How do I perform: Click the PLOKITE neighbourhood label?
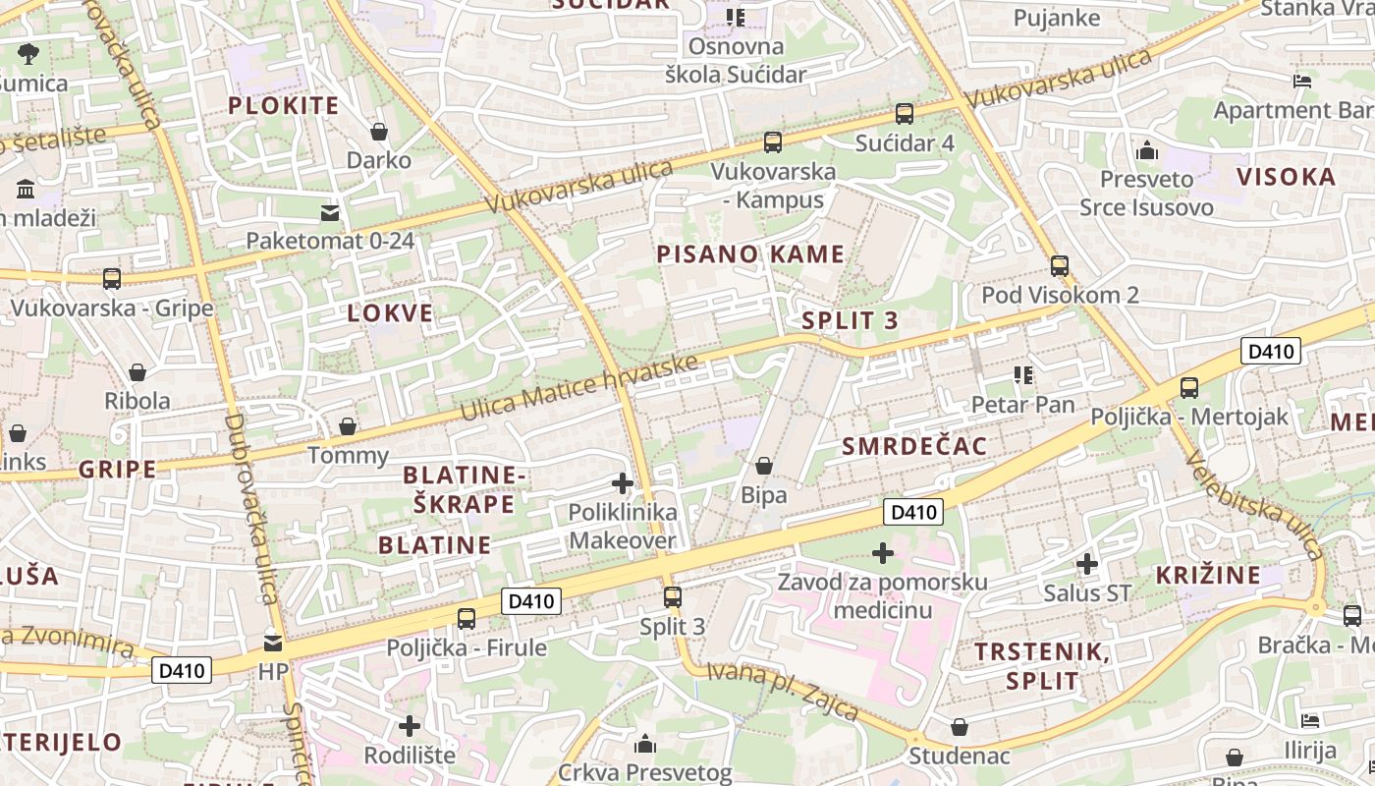coord(283,106)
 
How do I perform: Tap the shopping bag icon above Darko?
coord(379,132)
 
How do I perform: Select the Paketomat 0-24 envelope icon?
coord(330,212)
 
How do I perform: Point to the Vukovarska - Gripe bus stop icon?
coord(112,279)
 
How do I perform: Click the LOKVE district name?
coord(390,313)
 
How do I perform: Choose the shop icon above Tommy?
coord(348,426)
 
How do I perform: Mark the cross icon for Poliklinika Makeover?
coord(623,483)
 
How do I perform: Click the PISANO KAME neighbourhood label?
coord(750,254)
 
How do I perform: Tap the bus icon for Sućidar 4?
coord(905,114)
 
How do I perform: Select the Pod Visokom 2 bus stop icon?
coord(1060,266)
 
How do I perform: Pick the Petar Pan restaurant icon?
coord(1023,375)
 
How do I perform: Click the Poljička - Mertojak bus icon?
coord(1189,388)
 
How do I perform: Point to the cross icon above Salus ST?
coord(1087,564)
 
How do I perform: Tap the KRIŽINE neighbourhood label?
coord(1208,576)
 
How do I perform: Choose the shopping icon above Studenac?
coord(960,727)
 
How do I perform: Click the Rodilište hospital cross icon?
coord(410,726)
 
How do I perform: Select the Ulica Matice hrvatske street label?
coord(579,388)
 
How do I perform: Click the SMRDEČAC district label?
coord(914,447)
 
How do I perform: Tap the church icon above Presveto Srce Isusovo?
coord(1146,151)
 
